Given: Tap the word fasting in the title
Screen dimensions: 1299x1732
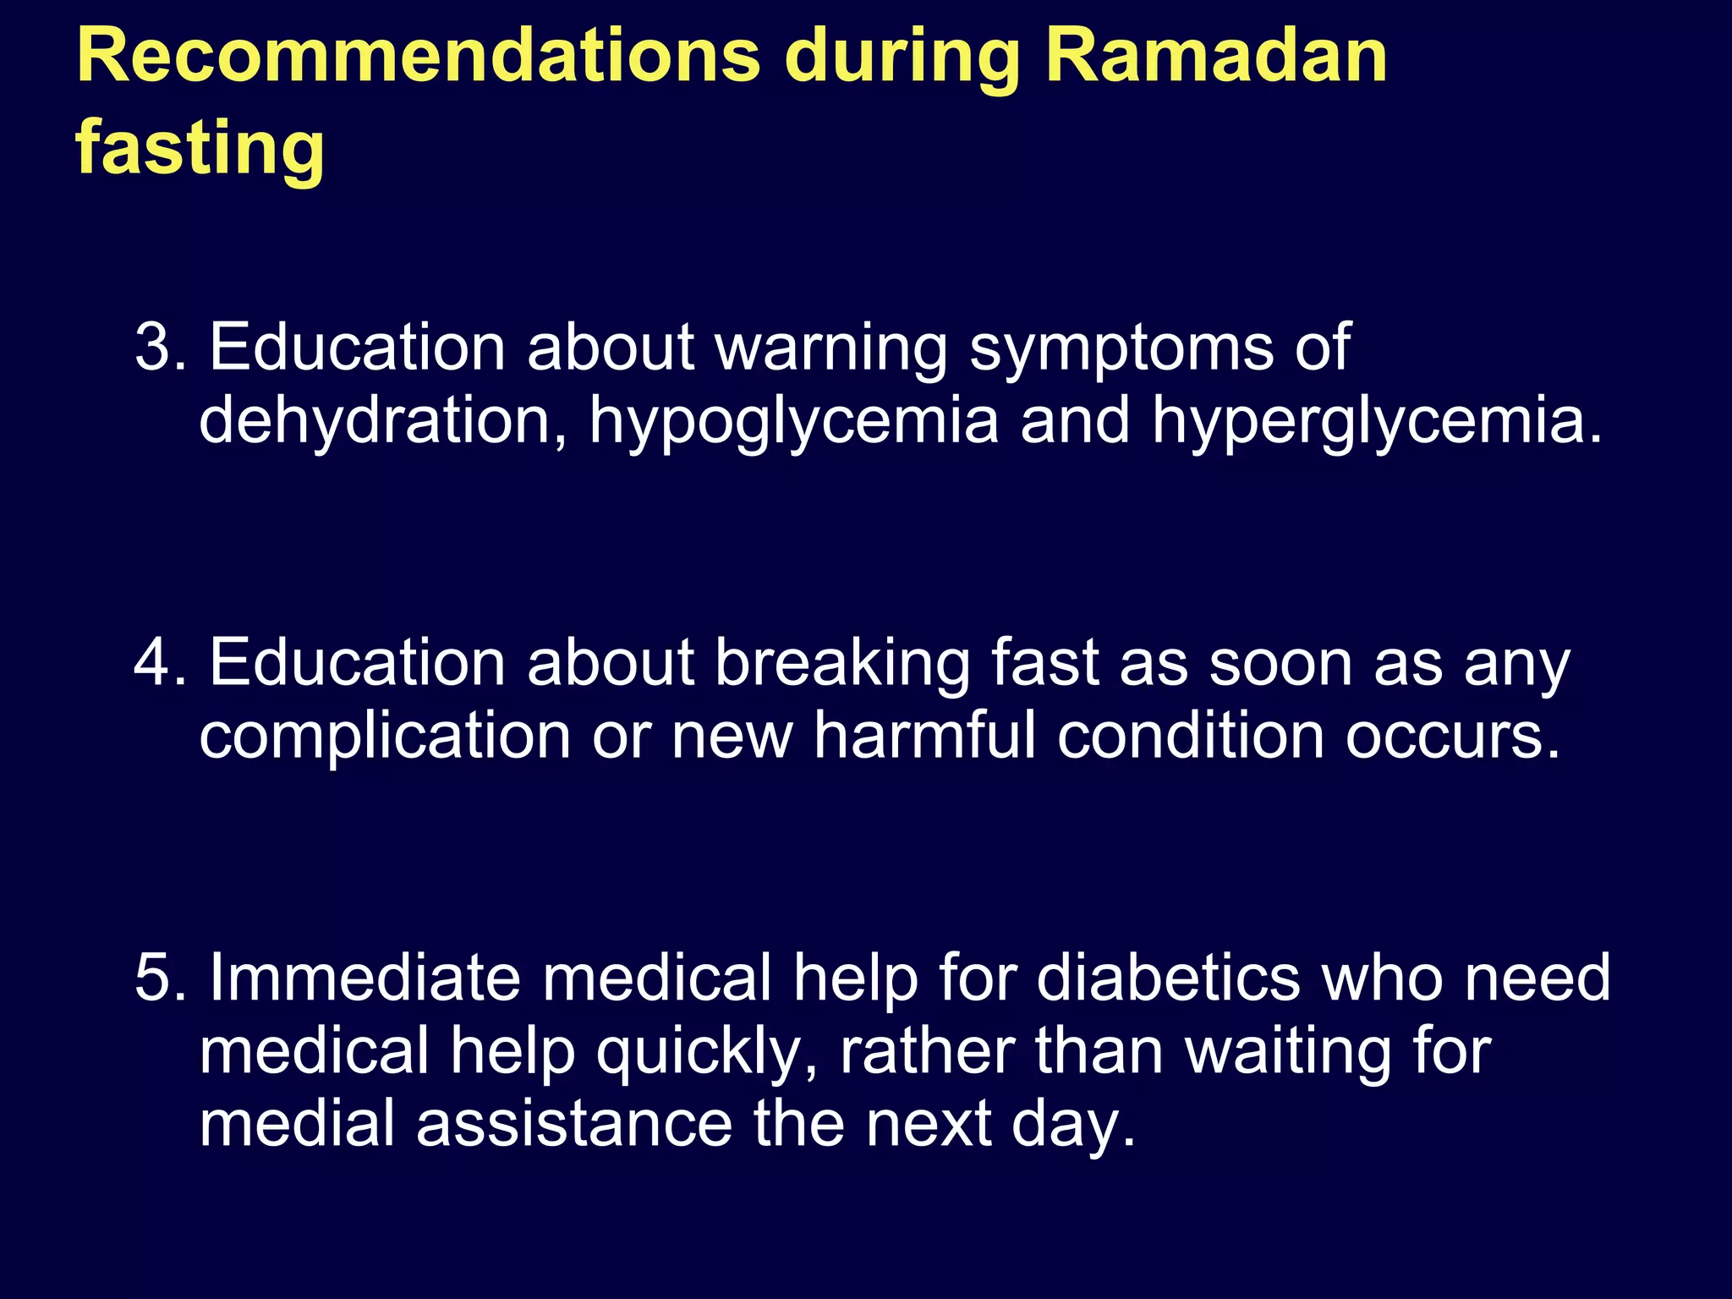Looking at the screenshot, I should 200,148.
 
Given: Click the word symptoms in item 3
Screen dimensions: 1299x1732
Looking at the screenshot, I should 1121,349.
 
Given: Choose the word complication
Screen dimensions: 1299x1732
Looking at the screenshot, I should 385,736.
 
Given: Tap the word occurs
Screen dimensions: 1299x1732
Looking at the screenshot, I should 1452,736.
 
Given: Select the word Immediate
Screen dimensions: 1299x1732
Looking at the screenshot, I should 364,978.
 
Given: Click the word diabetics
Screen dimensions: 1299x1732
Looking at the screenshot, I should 1168,978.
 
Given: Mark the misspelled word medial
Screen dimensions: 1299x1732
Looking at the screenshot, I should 297,1124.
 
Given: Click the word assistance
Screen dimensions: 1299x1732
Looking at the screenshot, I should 574,1124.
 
